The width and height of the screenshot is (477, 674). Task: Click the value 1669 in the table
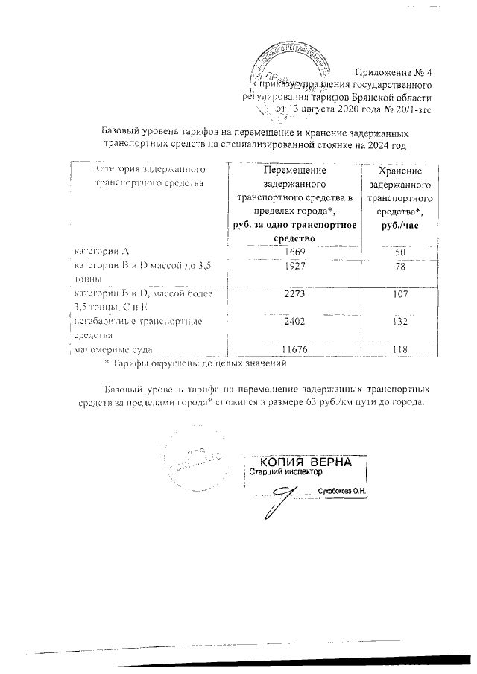295,252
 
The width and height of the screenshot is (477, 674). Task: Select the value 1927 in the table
295,267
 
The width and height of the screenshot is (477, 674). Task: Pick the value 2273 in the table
295,295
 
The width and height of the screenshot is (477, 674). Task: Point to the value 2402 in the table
295,322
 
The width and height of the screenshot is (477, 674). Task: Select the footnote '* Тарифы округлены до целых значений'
195,364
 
